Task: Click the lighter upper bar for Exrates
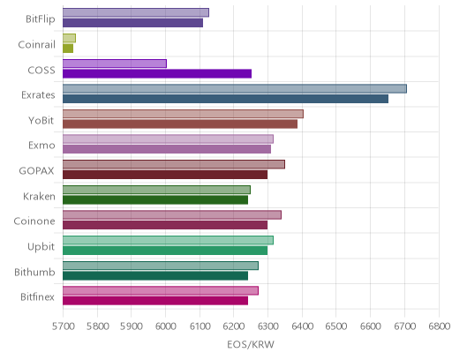(x=235, y=88)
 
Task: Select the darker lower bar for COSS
(x=157, y=73)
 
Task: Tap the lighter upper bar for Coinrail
(x=69, y=38)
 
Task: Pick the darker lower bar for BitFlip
(x=132, y=23)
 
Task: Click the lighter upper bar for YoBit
(x=183, y=114)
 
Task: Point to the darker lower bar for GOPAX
(x=165, y=175)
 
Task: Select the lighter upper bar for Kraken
(x=156, y=190)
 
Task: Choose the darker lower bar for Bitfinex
(x=155, y=301)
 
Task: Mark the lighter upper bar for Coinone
(x=172, y=215)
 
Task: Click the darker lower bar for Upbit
(x=165, y=251)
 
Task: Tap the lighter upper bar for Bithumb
(x=161, y=266)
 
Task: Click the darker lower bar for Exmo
(x=167, y=149)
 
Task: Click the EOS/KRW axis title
(x=251, y=344)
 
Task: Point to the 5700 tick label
(x=63, y=326)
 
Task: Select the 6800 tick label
(x=439, y=326)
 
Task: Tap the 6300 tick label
(x=267, y=326)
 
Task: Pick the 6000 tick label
(x=165, y=326)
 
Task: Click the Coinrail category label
(x=37, y=45)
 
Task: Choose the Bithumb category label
(x=34, y=272)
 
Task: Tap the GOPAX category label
(x=37, y=171)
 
